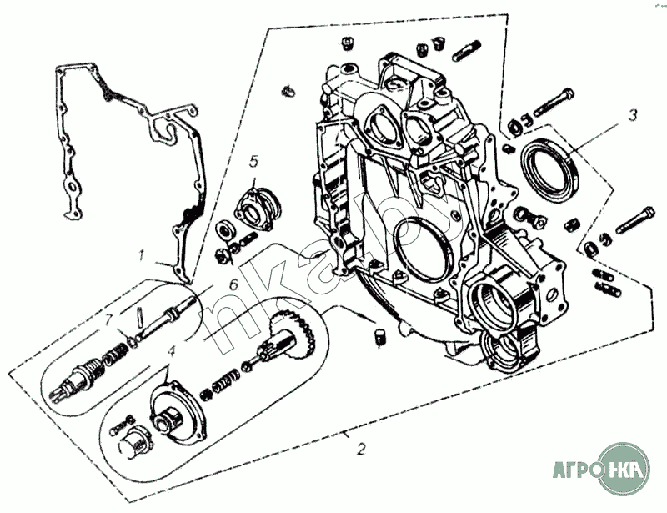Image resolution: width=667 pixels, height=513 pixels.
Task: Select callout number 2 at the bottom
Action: [360, 450]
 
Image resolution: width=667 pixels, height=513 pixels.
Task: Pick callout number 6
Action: [233, 284]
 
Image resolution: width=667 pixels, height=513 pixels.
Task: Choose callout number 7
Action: [108, 318]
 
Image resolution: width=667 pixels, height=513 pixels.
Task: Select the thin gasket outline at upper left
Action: [125, 142]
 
